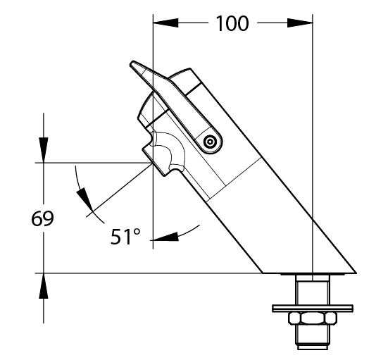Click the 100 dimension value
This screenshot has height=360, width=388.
click(232, 23)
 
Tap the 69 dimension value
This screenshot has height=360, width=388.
click(42, 218)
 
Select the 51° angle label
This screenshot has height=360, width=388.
click(125, 237)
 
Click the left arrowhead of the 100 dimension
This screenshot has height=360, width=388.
click(165, 23)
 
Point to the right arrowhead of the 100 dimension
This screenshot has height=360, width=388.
click(300, 23)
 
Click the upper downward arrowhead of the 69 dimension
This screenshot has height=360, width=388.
click(44, 150)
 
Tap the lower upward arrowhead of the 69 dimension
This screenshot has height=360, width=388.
click(44, 286)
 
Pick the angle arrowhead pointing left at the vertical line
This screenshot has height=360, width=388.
click(165, 237)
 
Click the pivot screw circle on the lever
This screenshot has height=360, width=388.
click(210, 142)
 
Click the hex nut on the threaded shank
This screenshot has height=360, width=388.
click(313, 318)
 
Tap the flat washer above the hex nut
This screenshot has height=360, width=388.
click(313, 309)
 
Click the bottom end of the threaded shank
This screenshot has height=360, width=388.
click(313, 347)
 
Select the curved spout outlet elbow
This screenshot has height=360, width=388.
click(168, 151)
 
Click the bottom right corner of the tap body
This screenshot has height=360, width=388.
click(356, 273)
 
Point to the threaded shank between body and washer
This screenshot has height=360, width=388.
click(313, 290)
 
